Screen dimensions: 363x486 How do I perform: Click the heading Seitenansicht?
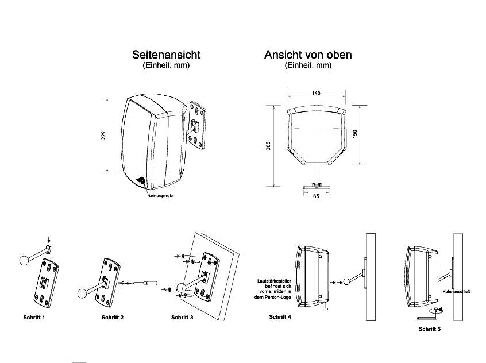click(166, 55)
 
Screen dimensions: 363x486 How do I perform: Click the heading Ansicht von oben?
click(308, 55)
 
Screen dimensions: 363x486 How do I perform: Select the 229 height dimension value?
click(104, 136)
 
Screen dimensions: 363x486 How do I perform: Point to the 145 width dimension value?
click(316, 92)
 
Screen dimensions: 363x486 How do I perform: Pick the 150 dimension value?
click(356, 134)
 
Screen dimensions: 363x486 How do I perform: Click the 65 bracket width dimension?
click(316, 196)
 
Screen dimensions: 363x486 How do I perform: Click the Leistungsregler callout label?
click(161, 196)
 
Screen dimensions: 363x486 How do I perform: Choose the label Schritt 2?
click(113, 317)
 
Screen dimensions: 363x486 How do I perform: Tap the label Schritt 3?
click(183, 317)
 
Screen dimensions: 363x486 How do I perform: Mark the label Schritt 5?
click(430, 329)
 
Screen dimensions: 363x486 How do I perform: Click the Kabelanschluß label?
click(457, 291)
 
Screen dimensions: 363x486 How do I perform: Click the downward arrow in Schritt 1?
click(49, 240)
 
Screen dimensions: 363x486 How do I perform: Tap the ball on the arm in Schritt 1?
click(24, 260)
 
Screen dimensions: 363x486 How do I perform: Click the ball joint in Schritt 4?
click(348, 281)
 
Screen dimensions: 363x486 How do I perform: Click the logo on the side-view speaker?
click(141, 180)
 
